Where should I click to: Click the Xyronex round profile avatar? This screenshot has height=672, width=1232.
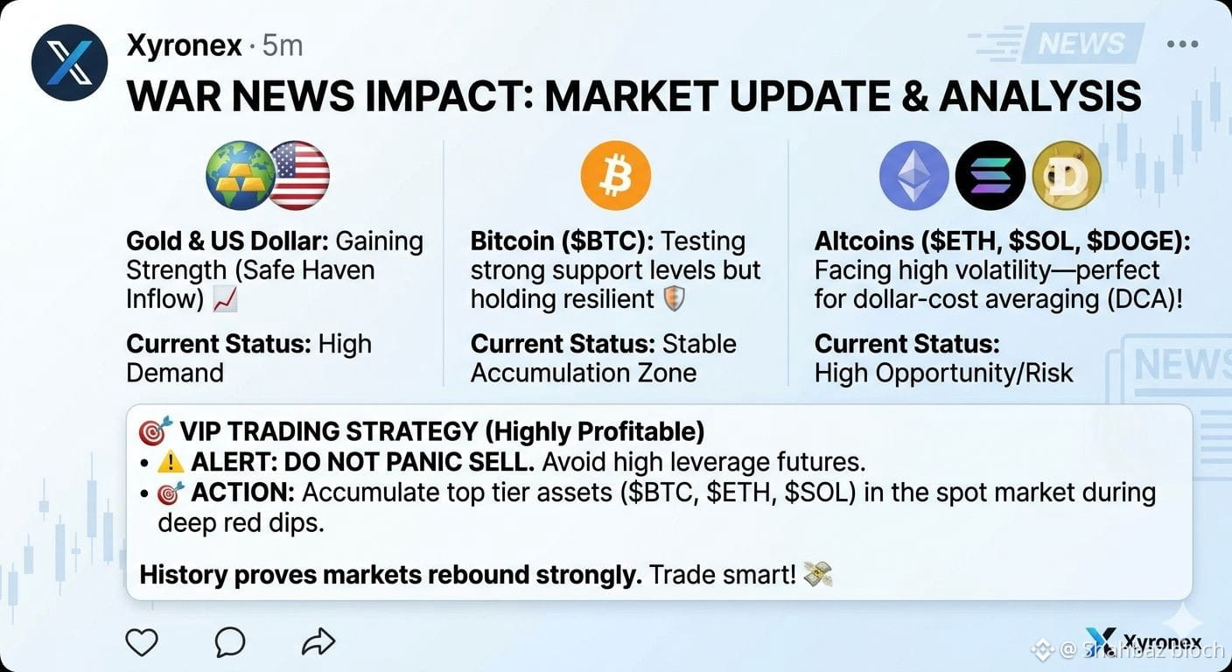coord(69,62)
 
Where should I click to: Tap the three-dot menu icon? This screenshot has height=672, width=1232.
coord(1182,44)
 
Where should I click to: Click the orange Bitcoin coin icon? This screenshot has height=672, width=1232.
coord(616,175)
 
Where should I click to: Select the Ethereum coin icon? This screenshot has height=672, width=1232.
coord(914,176)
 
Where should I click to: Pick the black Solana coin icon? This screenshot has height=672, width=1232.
coord(990,176)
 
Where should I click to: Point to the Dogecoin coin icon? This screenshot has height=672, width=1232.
coord(1067,176)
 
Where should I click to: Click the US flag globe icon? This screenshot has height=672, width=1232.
coord(298,175)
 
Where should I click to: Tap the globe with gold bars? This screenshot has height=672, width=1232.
coord(241,175)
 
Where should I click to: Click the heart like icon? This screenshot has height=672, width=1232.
coord(142,641)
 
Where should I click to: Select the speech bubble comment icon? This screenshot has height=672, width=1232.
coord(230,641)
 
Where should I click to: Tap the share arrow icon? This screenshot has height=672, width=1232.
coord(318,641)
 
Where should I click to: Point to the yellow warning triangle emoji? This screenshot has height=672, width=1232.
coord(171,462)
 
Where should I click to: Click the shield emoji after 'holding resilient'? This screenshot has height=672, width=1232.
coord(675,300)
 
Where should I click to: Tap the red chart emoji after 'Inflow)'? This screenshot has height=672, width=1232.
coord(226,300)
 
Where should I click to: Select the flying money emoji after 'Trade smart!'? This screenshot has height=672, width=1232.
coord(818,575)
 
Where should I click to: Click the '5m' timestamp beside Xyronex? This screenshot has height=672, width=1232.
coord(282,45)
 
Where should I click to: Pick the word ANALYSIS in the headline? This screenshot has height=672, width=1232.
coord(1040,96)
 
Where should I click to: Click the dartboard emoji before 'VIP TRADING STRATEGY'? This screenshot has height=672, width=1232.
coord(156,430)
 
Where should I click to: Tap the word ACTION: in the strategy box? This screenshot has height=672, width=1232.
coord(243,492)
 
